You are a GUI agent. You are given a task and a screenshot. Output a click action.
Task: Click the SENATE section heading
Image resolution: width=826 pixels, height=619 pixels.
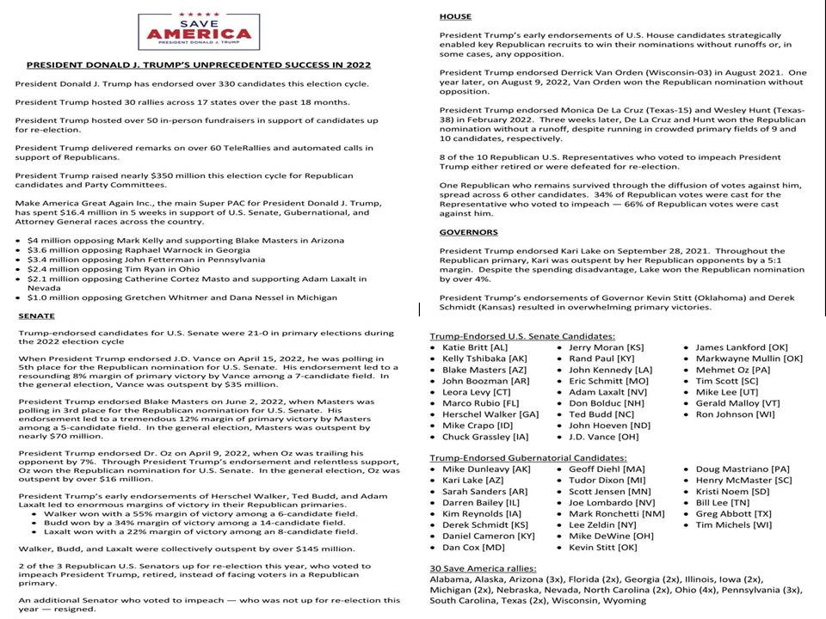coord(36,316)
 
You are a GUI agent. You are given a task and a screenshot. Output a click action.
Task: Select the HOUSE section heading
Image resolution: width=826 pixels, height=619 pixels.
coord(455,17)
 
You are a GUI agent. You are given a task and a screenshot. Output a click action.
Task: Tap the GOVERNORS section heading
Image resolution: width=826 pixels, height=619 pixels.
coord(469,232)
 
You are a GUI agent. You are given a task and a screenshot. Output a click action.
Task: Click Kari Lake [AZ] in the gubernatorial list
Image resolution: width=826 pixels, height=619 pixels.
coord(473,481)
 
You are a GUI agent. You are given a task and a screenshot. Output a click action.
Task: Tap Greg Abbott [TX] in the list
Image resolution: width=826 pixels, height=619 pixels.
coord(732,513)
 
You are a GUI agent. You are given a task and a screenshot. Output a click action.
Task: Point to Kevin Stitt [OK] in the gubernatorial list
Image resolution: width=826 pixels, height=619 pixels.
coord(602,547)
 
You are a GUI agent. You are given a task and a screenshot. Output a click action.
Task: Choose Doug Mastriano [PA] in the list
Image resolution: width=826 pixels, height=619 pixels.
coord(742,469)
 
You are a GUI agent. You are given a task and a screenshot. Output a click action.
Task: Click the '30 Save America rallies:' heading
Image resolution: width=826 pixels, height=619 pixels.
coord(482,569)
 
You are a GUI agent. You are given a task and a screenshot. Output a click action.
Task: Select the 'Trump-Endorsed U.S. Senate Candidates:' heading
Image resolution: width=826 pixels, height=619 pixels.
coord(522,335)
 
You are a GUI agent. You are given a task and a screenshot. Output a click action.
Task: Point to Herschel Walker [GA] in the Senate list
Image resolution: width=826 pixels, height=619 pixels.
coord(490,414)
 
